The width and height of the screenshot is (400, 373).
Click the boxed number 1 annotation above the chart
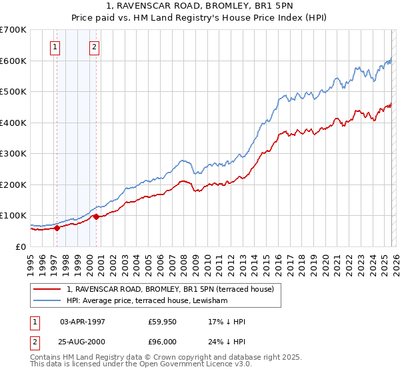(x=54, y=47)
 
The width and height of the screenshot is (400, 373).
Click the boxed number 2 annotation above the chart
(x=94, y=47)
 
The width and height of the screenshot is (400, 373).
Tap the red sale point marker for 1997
(x=57, y=228)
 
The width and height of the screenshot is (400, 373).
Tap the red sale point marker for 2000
(x=97, y=216)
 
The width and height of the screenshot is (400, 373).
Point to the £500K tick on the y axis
(x=15, y=92)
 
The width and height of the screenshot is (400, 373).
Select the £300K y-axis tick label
(x=15, y=154)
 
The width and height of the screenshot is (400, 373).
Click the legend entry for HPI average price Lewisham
(x=147, y=301)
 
